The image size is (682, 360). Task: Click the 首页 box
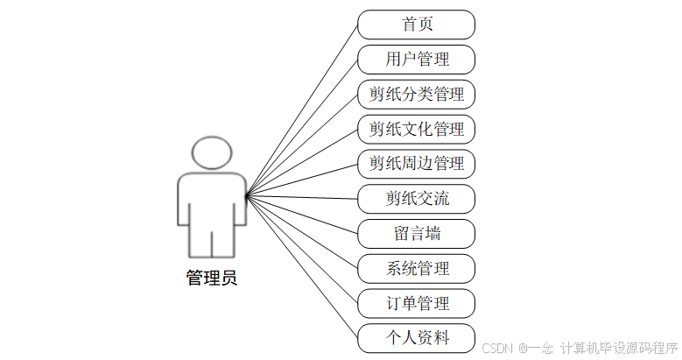(x=417, y=25)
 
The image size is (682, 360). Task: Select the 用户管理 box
(x=417, y=60)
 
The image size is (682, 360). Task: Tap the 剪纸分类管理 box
(x=417, y=94)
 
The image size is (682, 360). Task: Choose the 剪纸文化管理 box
(x=417, y=129)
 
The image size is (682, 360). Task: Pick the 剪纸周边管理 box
(x=417, y=163)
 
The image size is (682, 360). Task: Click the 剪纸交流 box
(x=417, y=198)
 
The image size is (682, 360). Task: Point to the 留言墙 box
(x=417, y=233)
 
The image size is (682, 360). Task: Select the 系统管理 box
(x=417, y=267)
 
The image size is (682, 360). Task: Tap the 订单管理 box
(x=417, y=303)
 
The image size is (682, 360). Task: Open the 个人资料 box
(x=417, y=337)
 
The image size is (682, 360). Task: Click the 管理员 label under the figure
(x=211, y=279)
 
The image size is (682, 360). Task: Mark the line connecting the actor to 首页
(x=302, y=109)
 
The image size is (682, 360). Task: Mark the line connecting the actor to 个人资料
(x=302, y=266)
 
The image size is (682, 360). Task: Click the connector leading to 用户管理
(x=302, y=128)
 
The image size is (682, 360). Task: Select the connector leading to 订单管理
(x=302, y=249)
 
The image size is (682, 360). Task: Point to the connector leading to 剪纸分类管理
(x=302, y=145)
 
